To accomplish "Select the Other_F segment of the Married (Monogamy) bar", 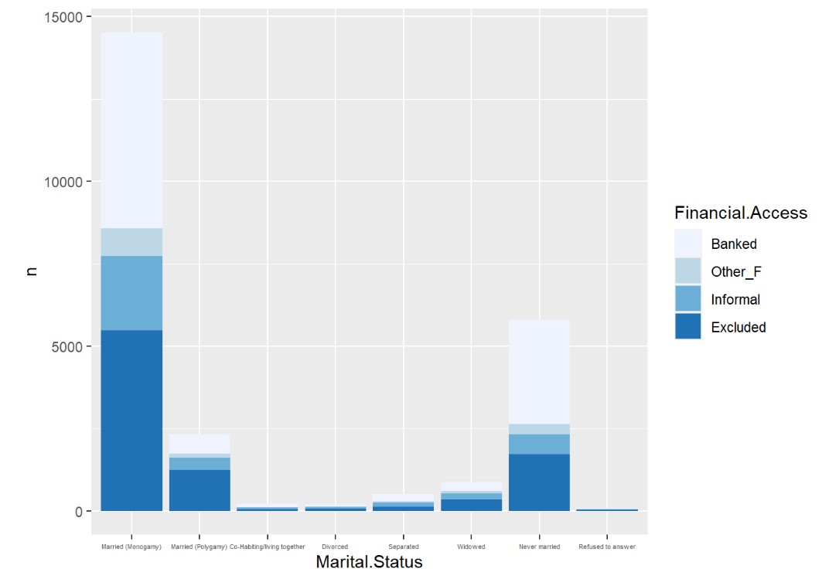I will pyautogui.click(x=131, y=242).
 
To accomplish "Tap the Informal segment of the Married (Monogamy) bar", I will pyautogui.click(x=131, y=293).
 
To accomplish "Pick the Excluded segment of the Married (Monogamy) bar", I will pyautogui.click(x=131, y=421).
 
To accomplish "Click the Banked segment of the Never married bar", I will pyautogui.click(x=539, y=372).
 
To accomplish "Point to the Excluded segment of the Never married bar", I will pyautogui.click(x=539, y=482).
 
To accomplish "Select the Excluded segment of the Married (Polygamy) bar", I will pyautogui.click(x=200, y=490).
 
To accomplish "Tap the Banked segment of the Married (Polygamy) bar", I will pyautogui.click(x=200, y=444).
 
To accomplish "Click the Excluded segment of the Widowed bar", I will pyautogui.click(x=471, y=505).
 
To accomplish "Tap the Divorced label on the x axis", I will pyautogui.click(x=335, y=547).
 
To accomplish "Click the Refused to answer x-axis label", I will pyautogui.click(x=607, y=547).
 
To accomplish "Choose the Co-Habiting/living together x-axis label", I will pyautogui.click(x=268, y=547).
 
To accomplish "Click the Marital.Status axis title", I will pyautogui.click(x=369, y=563).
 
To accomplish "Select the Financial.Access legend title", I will pyautogui.click(x=740, y=213).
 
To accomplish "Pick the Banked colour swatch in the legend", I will pyautogui.click(x=687, y=243).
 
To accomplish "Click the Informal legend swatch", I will pyautogui.click(x=687, y=298).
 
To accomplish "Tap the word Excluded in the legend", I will pyautogui.click(x=738, y=327).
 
